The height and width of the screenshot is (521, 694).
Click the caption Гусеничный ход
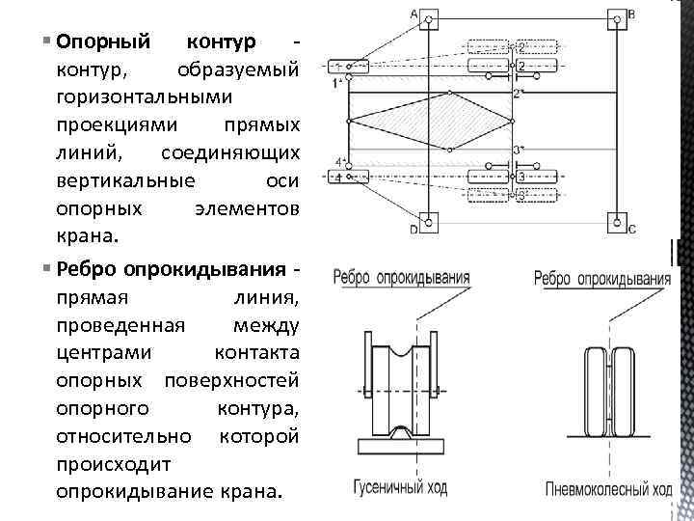click(399, 488)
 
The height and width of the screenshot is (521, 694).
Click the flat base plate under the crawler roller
click(400, 447)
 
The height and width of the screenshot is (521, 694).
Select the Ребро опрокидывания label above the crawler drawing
click(402, 278)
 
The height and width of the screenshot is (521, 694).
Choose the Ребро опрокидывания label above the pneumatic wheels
click(602, 279)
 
